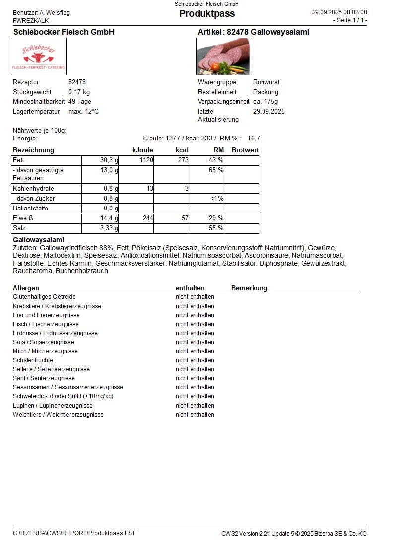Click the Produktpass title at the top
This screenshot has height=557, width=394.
(206, 14)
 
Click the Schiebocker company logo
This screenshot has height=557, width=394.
(39, 57)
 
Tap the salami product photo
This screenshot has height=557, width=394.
(224, 57)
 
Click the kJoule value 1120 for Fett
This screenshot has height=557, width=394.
(146, 160)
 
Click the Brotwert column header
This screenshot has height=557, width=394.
(245, 150)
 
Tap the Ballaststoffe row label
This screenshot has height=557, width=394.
(31, 209)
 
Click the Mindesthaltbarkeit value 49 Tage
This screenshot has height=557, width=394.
(80, 102)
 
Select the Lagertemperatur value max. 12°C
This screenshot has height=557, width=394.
(83, 112)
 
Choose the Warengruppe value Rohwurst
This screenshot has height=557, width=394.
(266, 82)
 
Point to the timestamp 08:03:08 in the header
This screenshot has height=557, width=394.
(353, 12)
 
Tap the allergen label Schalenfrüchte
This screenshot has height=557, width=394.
(33, 360)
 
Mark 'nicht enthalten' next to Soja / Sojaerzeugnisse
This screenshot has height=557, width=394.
(195, 342)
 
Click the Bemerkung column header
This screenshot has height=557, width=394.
(249, 288)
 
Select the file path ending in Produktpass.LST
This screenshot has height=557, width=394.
(74, 533)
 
